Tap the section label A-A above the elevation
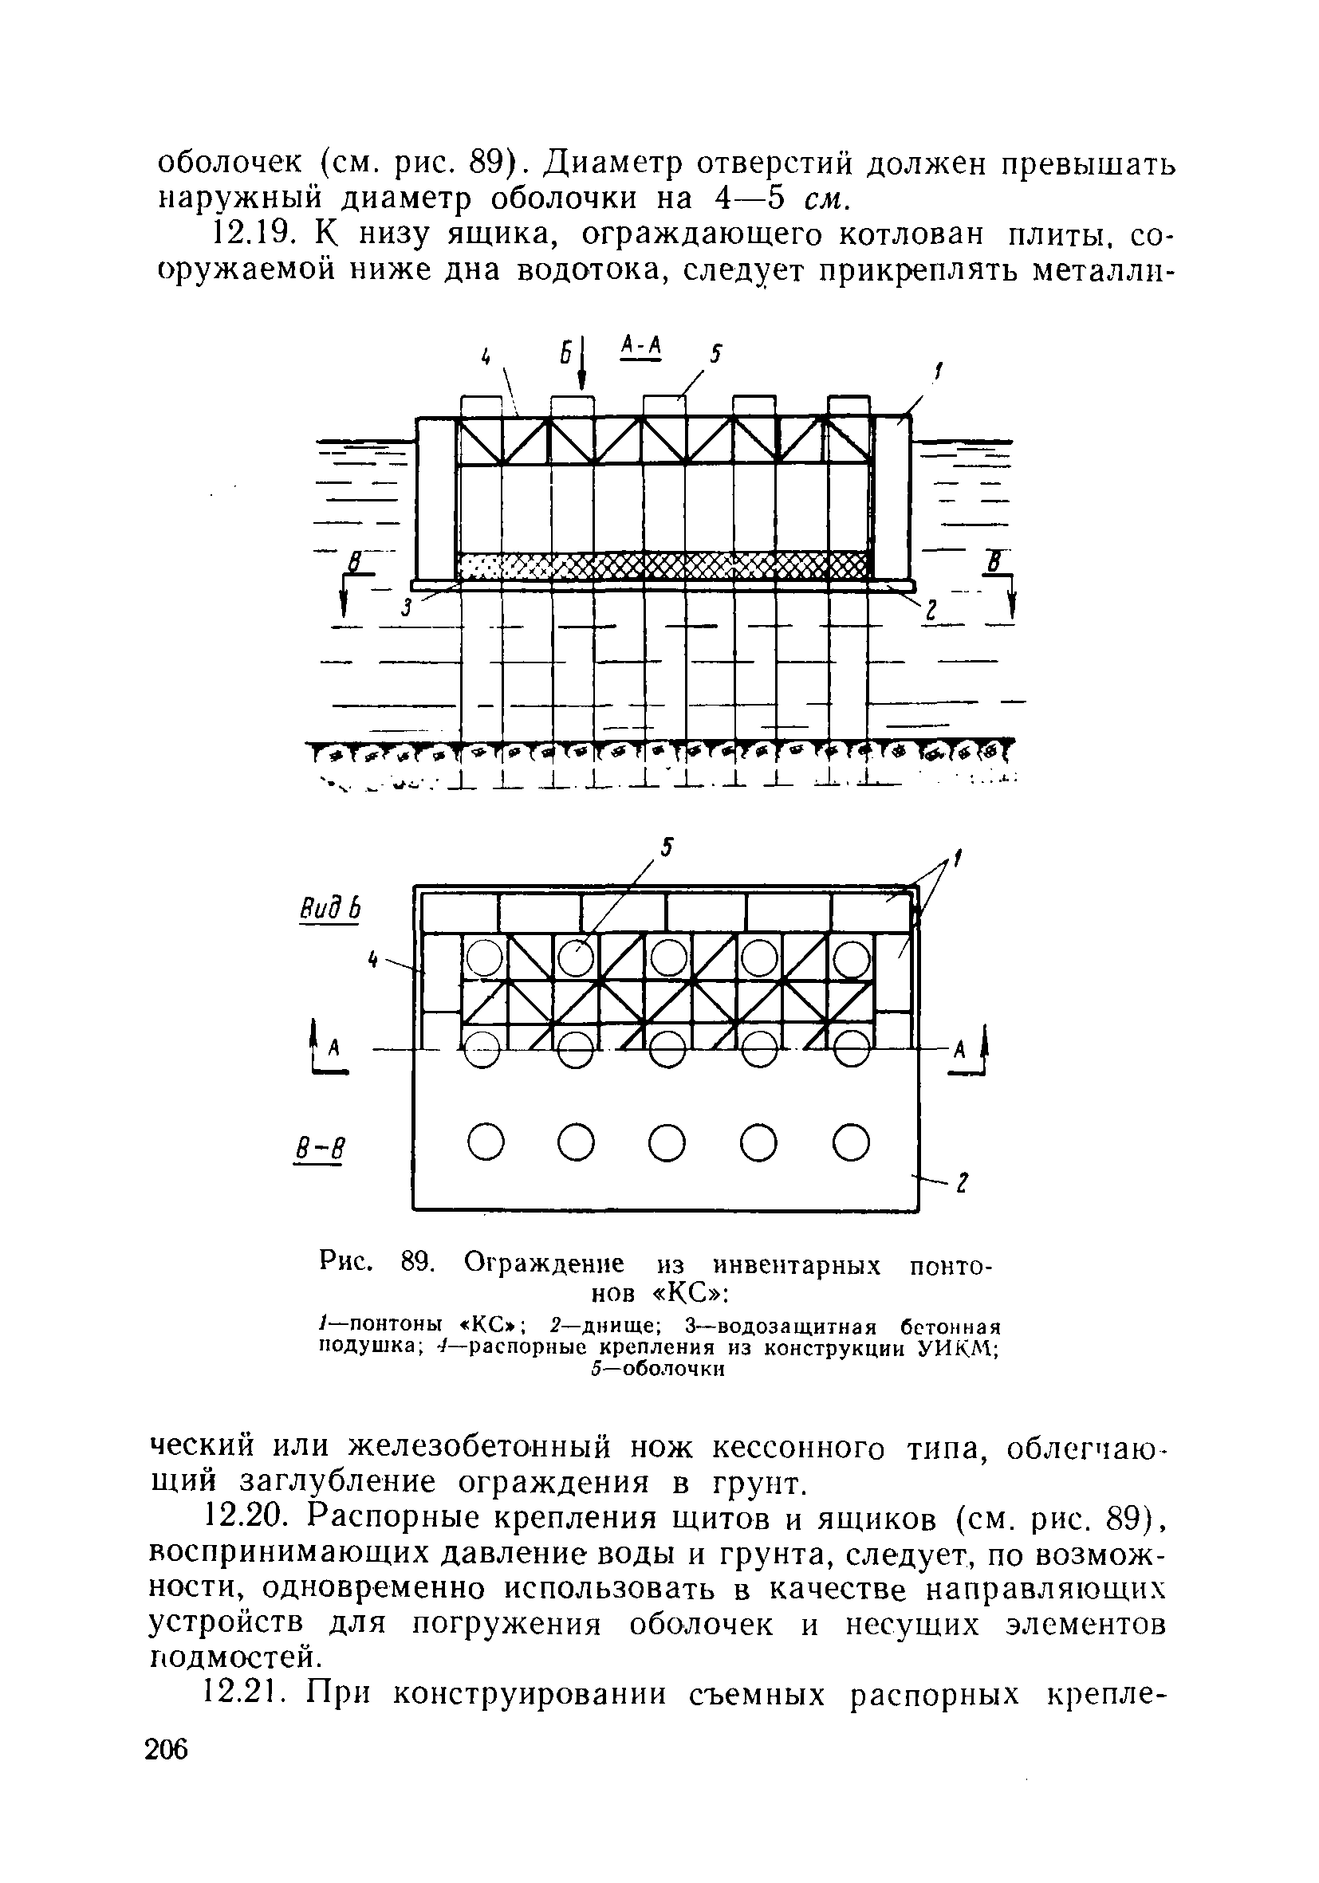tap(640, 348)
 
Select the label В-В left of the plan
tap(317, 1149)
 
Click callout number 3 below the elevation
tap(406, 608)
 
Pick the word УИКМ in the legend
tap(967, 1349)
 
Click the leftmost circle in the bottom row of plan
tap(484, 1142)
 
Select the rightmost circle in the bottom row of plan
tap(851, 1142)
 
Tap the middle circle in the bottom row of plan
tap(667, 1142)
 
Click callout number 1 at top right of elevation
tap(938, 375)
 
